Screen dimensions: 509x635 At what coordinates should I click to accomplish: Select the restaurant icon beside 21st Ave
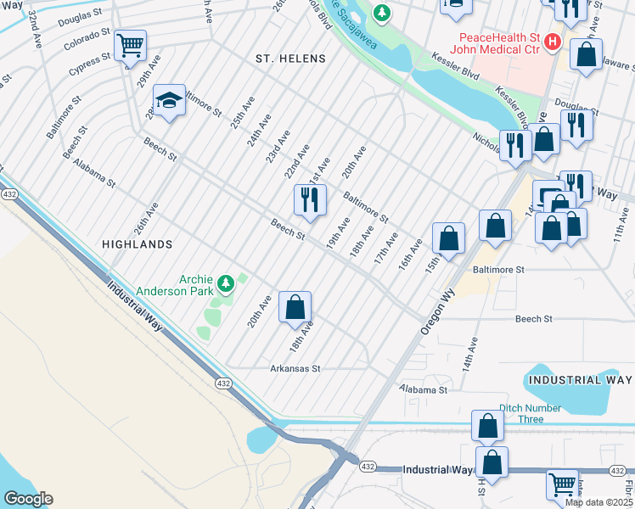click(x=310, y=200)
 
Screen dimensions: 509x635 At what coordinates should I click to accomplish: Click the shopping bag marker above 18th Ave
click(x=295, y=307)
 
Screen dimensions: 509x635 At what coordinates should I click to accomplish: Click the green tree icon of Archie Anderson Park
click(x=226, y=282)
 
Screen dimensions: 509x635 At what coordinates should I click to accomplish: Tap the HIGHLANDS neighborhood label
click(x=138, y=243)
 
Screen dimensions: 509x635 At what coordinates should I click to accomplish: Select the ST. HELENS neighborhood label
click(x=291, y=59)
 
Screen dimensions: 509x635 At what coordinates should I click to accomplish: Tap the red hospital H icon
click(x=554, y=40)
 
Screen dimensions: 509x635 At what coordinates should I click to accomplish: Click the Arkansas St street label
click(x=295, y=369)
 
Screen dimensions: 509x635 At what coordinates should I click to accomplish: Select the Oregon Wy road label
click(x=438, y=302)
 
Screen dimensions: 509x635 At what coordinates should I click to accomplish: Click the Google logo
click(x=28, y=499)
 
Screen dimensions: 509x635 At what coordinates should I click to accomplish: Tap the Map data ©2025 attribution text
click(x=598, y=502)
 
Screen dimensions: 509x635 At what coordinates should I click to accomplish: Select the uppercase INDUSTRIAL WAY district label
click(x=581, y=379)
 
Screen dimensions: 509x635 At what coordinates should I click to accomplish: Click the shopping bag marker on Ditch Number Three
click(x=488, y=427)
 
